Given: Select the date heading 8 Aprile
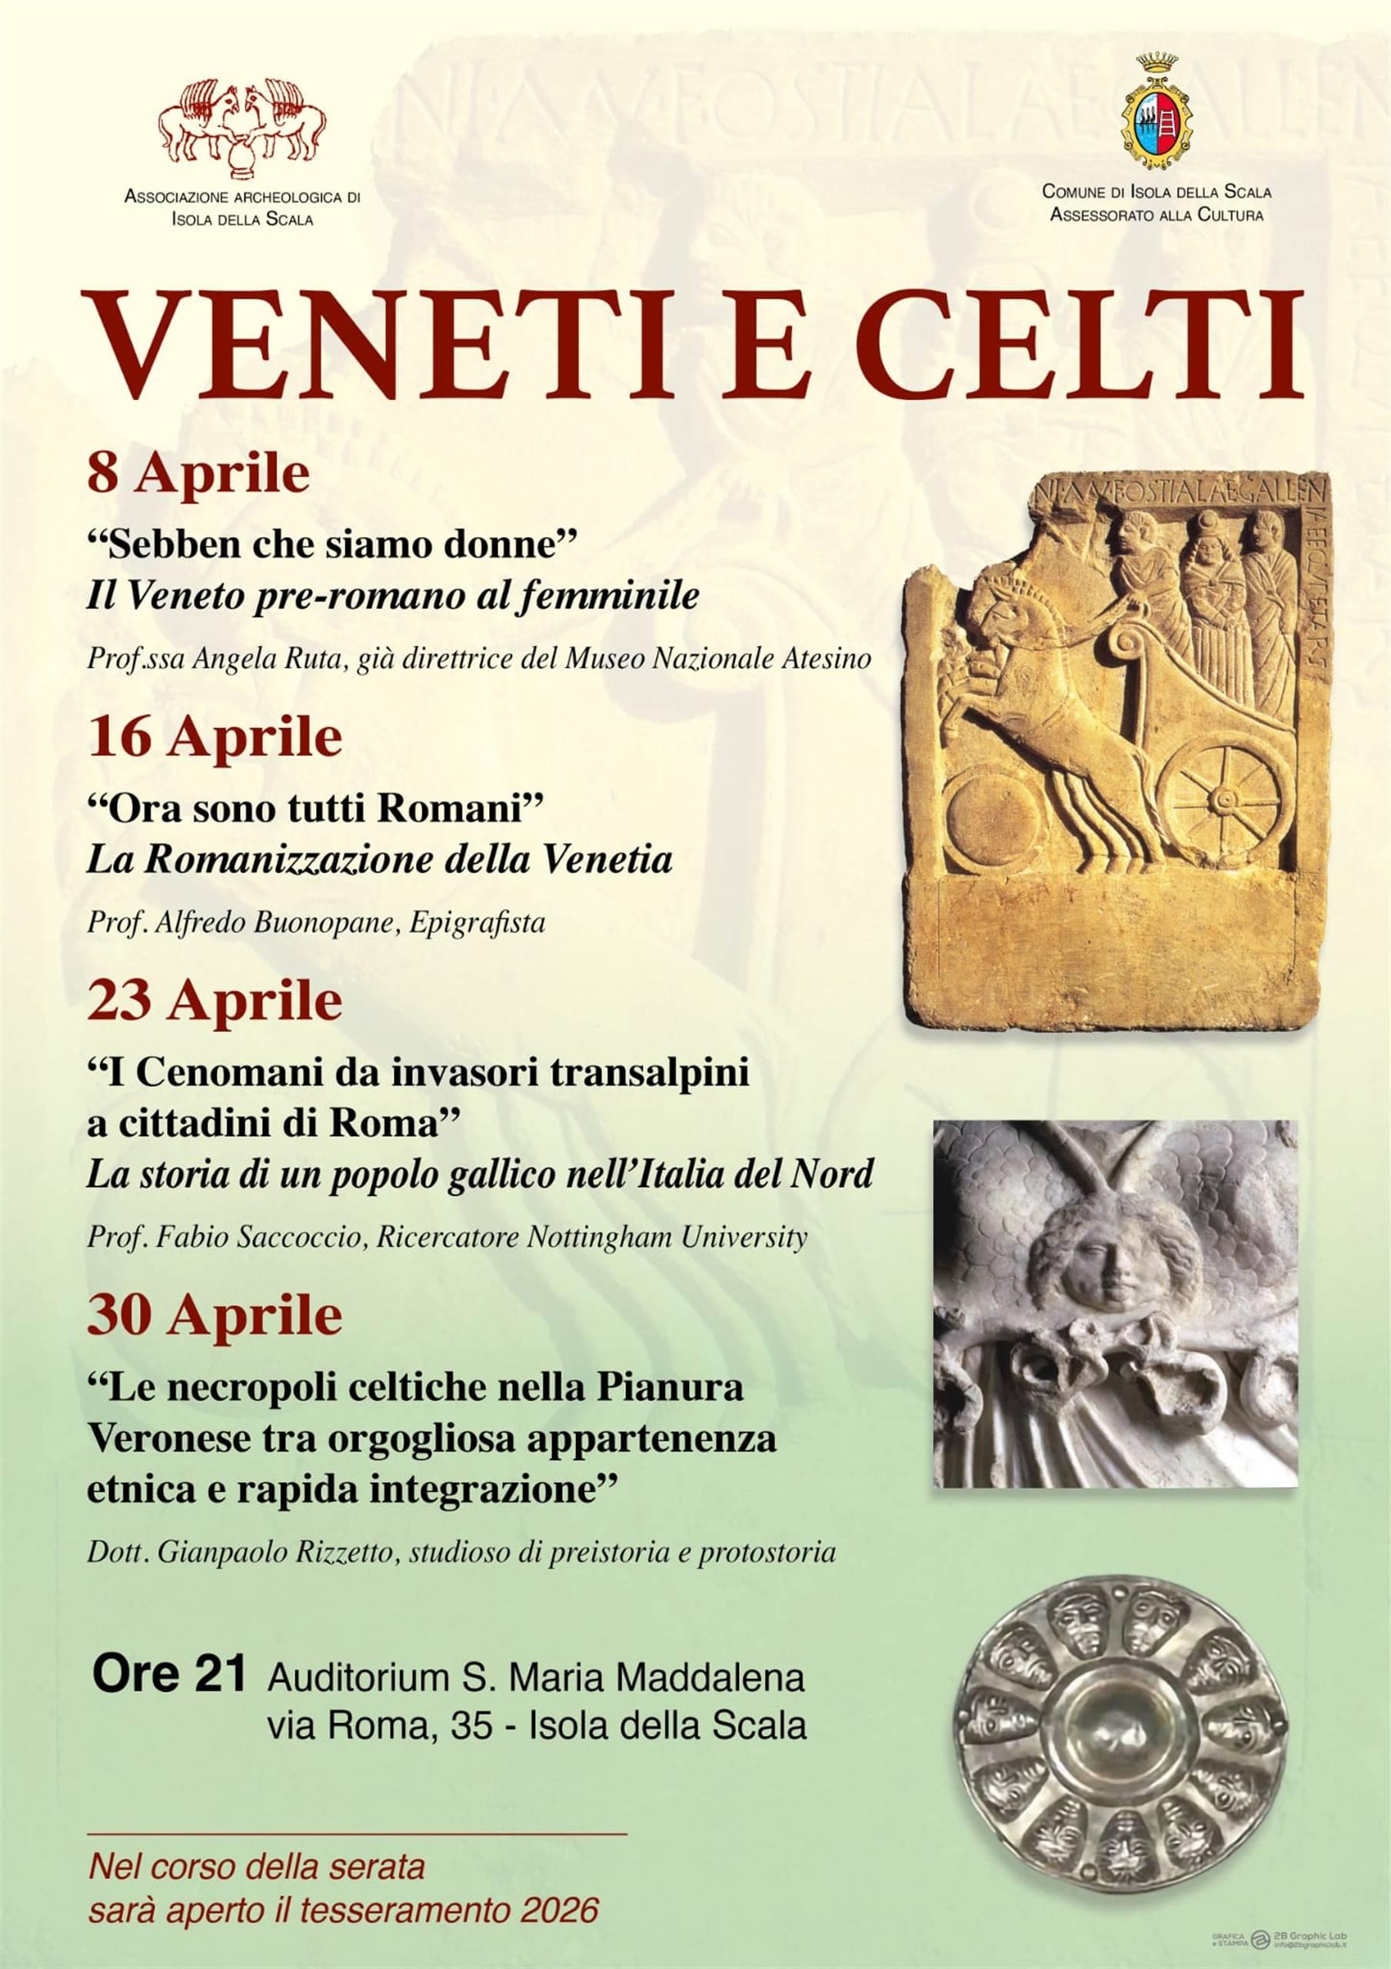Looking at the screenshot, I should [x=198, y=475].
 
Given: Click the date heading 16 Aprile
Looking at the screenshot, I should [x=215, y=738].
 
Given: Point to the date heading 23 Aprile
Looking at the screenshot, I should [x=215, y=1001].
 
